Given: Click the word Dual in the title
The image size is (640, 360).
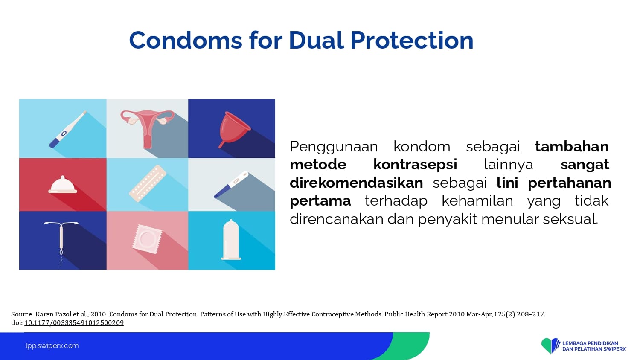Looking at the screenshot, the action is [316, 40].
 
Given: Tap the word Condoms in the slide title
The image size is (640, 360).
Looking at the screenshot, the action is [186, 40].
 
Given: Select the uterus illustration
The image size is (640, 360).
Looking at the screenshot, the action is [148, 128].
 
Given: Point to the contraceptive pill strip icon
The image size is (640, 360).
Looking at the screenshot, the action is [148, 183].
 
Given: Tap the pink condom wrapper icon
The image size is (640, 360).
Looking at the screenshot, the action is [147, 239].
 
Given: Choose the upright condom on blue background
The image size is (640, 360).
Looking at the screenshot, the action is [231, 240].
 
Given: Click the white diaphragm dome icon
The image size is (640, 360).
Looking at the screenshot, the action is [63, 185].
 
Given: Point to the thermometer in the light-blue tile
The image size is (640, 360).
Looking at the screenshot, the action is [68, 129].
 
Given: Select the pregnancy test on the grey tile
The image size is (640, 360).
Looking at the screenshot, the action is [231, 185].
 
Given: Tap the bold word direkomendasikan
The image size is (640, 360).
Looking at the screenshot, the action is [356, 183].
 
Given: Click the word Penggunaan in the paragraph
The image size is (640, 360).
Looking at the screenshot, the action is [334, 147].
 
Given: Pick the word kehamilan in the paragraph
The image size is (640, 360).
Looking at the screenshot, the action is [477, 201].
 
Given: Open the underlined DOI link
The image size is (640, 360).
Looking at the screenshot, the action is [74, 323].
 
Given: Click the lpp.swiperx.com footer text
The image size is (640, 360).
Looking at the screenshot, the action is [52, 346].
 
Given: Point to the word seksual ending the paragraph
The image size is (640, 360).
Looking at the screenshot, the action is [570, 219].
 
